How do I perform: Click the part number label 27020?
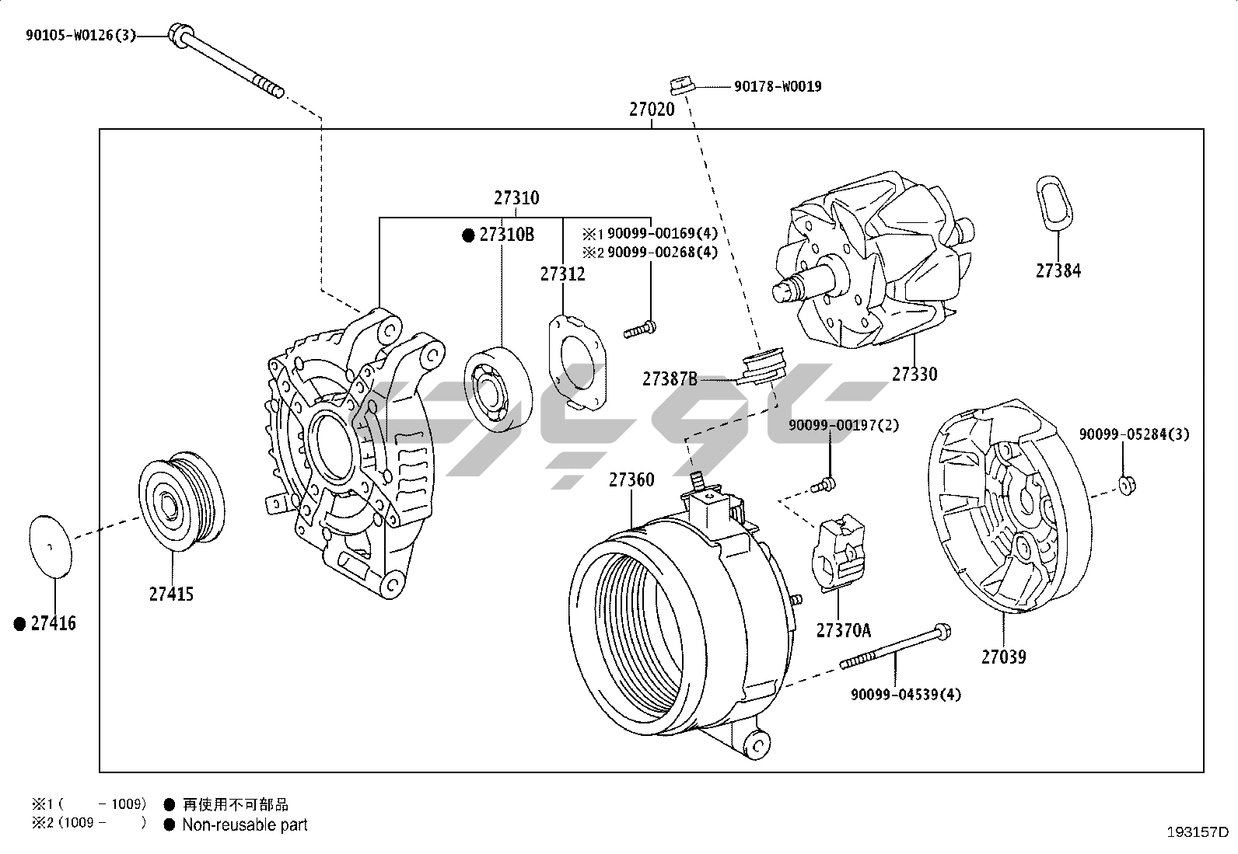pyautogui.click(x=652, y=110)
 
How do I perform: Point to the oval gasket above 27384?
pyautogui.click(x=1054, y=204)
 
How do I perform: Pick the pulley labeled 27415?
pyautogui.click(x=180, y=501)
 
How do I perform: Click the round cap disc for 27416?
pyautogui.click(x=50, y=546)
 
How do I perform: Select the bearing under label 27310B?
pyautogui.click(x=498, y=389)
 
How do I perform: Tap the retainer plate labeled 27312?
pyautogui.click(x=579, y=363)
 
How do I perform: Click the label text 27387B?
pyautogui.click(x=670, y=379)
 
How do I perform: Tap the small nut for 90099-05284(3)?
pyautogui.click(x=1126, y=486)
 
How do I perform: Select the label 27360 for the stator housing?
pyautogui.click(x=631, y=480)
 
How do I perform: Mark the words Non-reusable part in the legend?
pyautogui.click(x=244, y=825)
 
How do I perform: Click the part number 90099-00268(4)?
pyautogui.click(x=662, y=253)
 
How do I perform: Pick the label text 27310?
pyautogui.click(x=516, y=198)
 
